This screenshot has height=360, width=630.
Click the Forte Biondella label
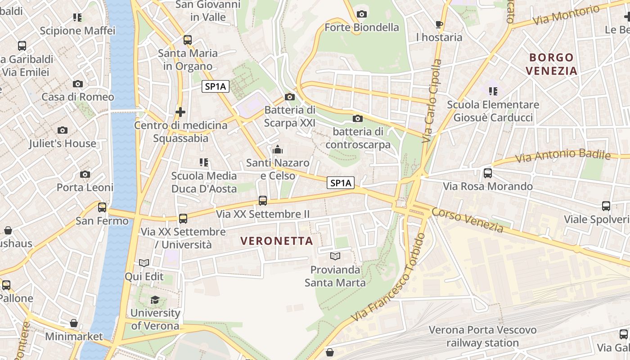point(361,27)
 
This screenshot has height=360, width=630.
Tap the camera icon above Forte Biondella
point(361,14)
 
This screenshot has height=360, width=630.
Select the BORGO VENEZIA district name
point(551,64)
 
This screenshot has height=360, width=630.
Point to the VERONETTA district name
point(277,241)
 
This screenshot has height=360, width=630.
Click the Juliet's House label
point(63,144)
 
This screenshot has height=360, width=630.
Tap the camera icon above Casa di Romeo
point(78,84)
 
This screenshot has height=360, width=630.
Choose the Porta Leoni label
point(85,187)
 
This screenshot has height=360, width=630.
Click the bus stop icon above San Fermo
point(102,207)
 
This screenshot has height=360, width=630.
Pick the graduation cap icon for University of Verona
point(155,300)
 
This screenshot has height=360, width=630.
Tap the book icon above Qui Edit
point(144,263)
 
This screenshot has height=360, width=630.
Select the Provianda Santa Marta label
point(335,276)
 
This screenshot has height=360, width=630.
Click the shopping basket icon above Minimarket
point(74,324)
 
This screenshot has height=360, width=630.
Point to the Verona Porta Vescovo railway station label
point(482,336)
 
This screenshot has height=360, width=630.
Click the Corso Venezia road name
point(468,220)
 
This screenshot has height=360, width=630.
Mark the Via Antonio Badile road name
point(562,156)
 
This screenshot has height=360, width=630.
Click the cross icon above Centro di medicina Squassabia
point(180,112)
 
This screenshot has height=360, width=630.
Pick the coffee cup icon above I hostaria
point(439,25)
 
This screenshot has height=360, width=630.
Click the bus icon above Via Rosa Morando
point(487,173)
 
